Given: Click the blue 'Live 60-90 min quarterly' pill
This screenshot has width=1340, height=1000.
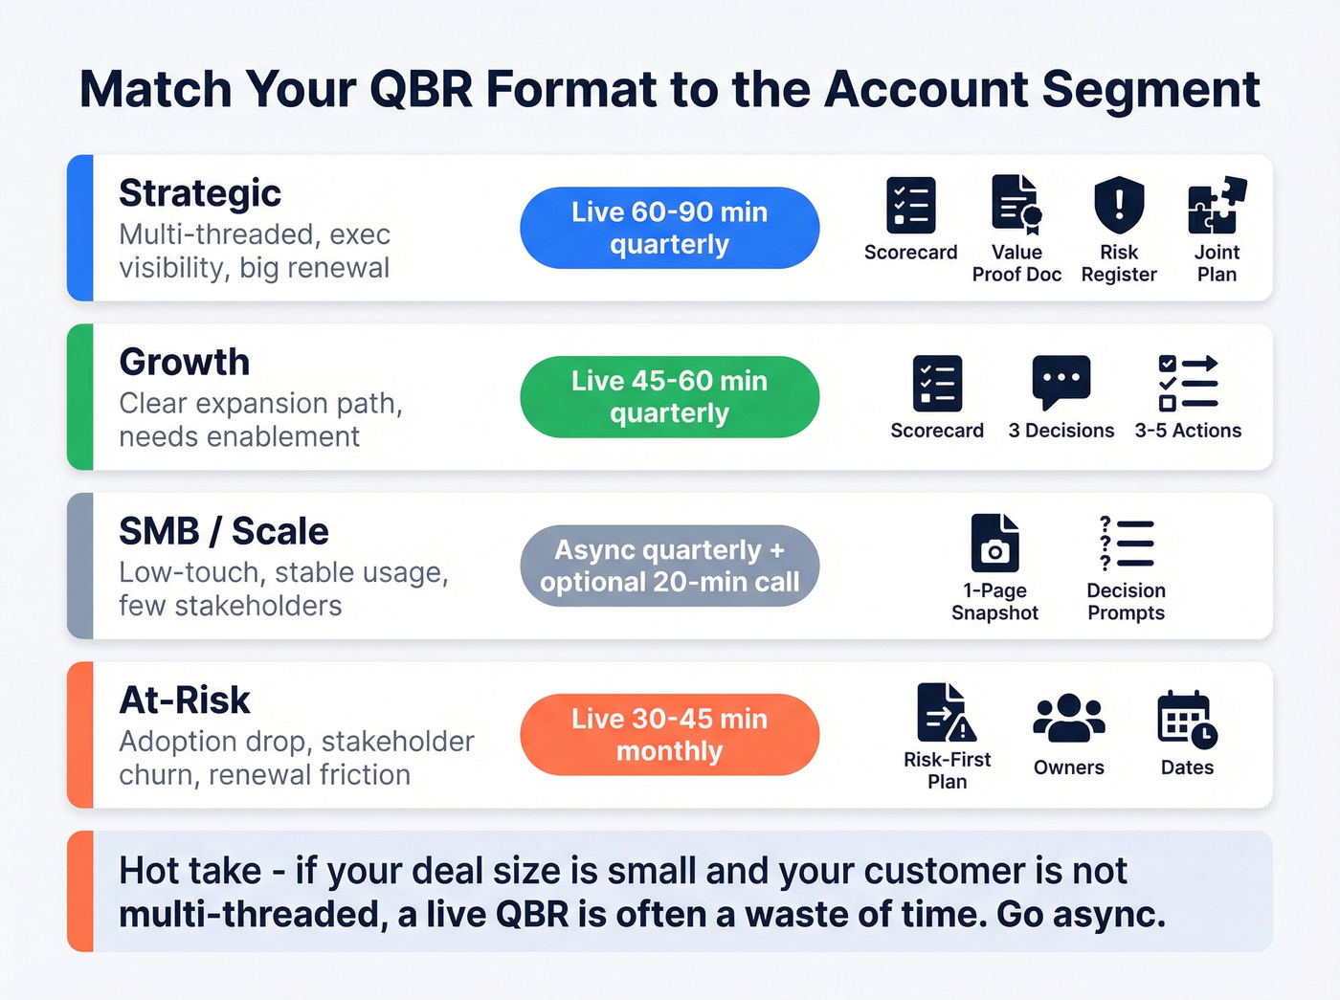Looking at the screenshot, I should coord(669,228).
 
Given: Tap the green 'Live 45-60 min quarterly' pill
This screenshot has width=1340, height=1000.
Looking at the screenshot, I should coord(669,397).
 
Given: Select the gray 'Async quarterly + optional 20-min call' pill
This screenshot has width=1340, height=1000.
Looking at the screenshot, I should coord(669,566).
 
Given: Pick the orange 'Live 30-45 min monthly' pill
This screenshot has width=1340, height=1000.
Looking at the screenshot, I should coord(669,735).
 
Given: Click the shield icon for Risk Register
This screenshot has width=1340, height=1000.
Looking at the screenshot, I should coord(1119,205).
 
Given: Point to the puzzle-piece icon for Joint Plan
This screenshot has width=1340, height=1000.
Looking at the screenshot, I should coord(1217,205).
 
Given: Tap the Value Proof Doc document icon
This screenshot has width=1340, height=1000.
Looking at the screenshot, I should coord(1016,205).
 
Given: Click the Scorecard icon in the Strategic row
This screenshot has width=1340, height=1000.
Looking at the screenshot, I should coord(910,205).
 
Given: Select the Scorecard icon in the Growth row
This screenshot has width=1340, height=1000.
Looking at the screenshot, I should coord(937,384).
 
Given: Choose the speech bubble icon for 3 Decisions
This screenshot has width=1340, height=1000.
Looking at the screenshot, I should coord(1061,382).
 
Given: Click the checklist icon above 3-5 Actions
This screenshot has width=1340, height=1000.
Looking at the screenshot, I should coord(1188,383).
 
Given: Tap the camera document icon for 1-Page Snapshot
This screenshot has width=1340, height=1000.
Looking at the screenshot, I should coord(994,544).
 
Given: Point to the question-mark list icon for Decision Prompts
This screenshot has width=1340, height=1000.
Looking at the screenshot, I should coord(1126,544).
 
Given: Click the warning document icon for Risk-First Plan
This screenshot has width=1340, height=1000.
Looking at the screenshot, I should coord(946,713).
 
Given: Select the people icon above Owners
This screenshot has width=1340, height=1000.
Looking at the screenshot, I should coord(1068,719).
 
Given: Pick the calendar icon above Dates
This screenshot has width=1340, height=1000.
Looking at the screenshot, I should coord(1187,719).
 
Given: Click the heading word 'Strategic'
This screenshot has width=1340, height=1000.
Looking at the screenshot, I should coord(200,193).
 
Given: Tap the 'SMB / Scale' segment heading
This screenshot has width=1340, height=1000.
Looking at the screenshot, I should coord(223,531).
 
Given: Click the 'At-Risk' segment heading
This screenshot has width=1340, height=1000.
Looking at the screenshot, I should coord(184,700).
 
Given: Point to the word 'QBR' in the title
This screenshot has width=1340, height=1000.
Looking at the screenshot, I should coord(421,90).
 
